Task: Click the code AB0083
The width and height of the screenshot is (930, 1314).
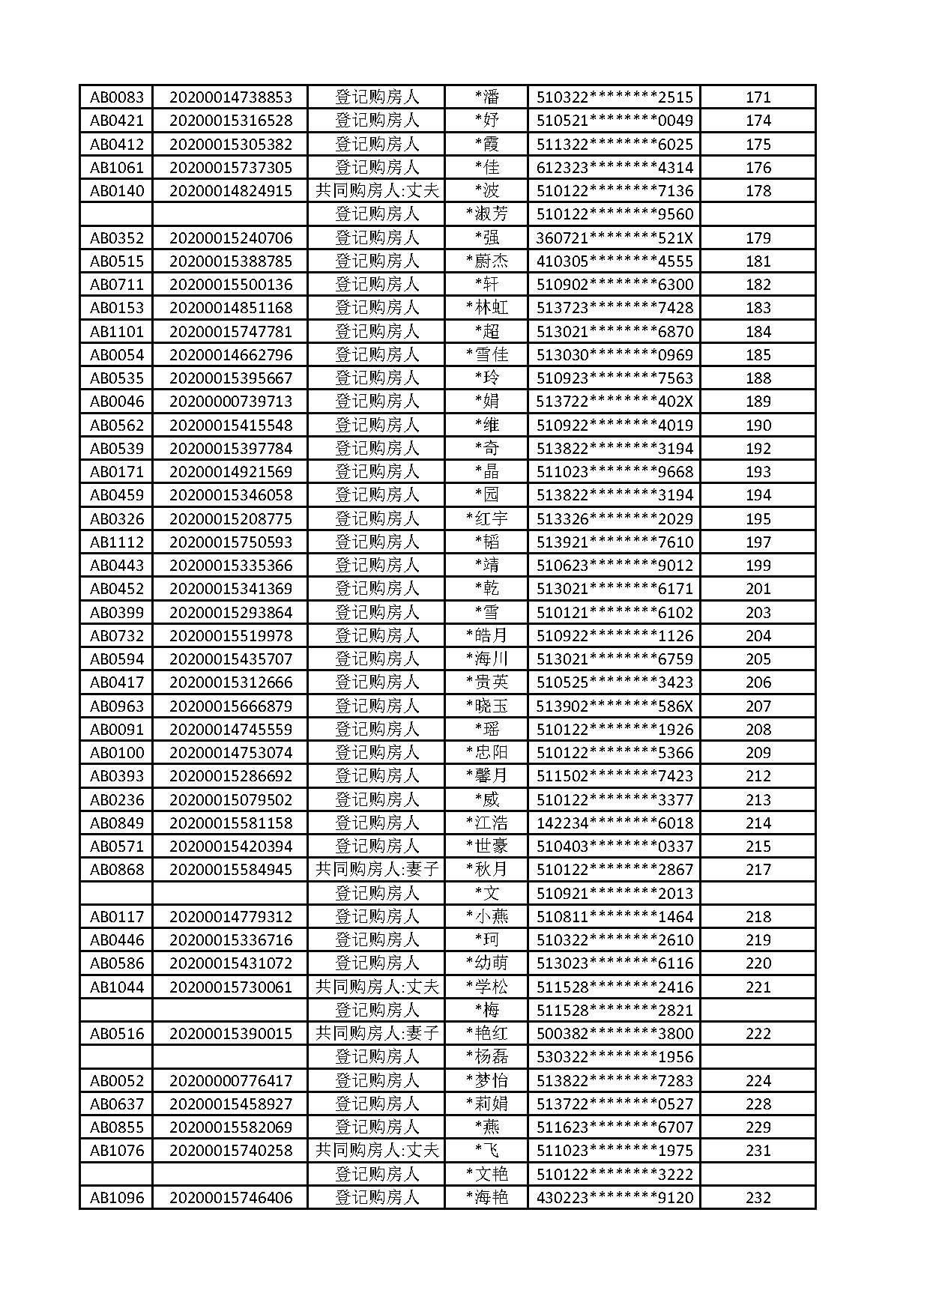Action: click(117, 97)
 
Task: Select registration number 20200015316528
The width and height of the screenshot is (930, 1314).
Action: click(231, 121)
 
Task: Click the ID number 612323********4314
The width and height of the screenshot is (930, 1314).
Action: click(615, 167)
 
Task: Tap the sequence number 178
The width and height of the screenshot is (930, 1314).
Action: click(758, 190)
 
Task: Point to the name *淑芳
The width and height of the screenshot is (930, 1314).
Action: click(487, 214)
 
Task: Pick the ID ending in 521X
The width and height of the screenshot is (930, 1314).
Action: click(615, 237)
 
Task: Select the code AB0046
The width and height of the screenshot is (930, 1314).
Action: click(117, 402)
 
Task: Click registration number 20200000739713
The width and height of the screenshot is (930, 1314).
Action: click(231, 402)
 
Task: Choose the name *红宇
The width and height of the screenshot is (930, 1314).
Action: click(487, 518)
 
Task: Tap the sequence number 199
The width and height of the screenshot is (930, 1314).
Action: click(758, 565)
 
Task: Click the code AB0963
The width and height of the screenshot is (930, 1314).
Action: click(117, 706)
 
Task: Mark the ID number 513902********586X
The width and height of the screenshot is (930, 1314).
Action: click(615, 706)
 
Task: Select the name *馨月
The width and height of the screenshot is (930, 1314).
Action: click(487, 775)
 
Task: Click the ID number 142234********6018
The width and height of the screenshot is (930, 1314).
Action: click(615, 823)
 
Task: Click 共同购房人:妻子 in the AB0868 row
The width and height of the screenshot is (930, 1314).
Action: click(377, 869)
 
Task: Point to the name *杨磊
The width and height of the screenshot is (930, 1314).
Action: click(487, 1056)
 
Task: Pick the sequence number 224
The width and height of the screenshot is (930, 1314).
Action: click(758, 1080)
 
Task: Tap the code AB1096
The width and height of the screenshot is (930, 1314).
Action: click(117, 1197)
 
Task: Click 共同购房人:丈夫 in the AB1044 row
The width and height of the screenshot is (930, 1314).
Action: click(377, 987)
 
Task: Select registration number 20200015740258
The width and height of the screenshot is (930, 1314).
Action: click(231, 1150)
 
